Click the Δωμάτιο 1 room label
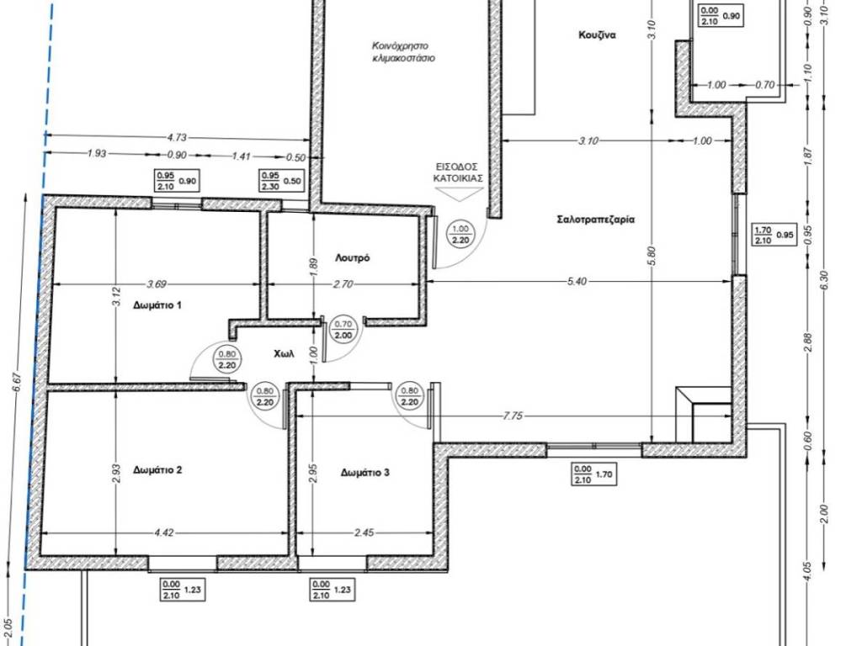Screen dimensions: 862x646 click(x=157, y=304)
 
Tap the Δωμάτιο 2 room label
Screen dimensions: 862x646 click(x=157, y=469)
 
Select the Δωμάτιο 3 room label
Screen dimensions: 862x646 click(x=365, y=473)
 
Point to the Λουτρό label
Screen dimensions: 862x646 click(x=353, y=257)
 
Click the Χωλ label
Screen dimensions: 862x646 click(x=285, y=354)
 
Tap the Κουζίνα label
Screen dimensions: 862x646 click(x=597, y=34)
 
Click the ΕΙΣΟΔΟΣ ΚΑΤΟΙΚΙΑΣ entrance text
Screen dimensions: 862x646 click(x=456, y=172)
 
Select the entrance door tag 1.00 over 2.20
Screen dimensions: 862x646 click(x=460, y=235)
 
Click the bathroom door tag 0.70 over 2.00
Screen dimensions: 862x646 click(x=343, y=330)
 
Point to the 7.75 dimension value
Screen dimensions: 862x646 click(x=513, y=416)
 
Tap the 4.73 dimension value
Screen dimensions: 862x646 click(x=177, y=137)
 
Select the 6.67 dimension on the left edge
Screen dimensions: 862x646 click(x=17, y=382)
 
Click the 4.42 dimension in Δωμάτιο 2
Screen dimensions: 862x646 click(x=164, y=532)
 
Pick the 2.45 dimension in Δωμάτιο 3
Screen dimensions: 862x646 click(x=364, y=532)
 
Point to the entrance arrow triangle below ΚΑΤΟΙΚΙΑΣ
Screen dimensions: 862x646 click(x=459, y=194)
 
